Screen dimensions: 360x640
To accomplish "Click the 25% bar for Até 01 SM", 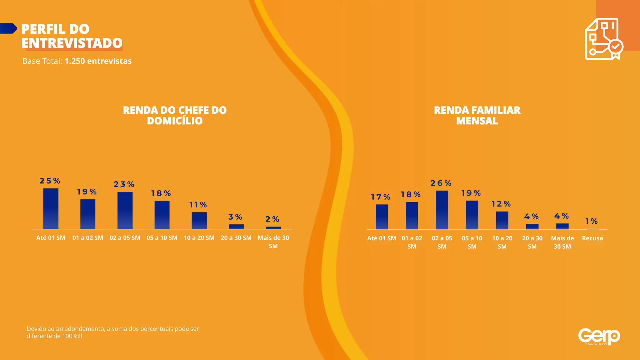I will click(x=51, y=208).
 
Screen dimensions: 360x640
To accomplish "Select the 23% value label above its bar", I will click(x=124, y=184).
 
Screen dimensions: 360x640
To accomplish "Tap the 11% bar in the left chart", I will click(x=199, y=221).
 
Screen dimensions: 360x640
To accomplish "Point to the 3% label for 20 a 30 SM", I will click(x=235, y=217).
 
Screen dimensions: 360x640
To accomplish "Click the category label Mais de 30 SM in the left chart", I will click(x=273, y=242).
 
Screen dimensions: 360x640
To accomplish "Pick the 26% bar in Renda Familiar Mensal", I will click(x=442, y=210).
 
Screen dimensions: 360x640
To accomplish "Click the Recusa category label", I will click(x=592, y=238).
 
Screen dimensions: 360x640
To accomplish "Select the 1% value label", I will click(x=591, y=221).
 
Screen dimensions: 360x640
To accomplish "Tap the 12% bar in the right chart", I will click(x=502, y=220).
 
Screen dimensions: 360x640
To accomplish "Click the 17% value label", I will click(x=381, y=197).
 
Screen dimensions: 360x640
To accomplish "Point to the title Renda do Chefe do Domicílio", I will click(x=175, y=115).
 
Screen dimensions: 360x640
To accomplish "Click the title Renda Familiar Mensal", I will click(x=477, y=115).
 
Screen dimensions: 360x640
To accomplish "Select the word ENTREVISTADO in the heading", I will click(x=72, y=43).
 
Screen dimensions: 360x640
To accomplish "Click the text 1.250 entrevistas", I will click(x=98, y=61).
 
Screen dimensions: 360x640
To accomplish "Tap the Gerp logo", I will click(x=599, y=337).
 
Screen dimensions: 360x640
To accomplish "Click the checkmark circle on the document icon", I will click(x=615, y=47).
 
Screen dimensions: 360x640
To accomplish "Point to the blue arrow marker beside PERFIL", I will click(x=8, y=28).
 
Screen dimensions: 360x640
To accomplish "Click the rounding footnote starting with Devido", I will click(x=112, y=332).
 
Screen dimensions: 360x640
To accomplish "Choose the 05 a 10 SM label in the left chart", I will click(x=162, y=238).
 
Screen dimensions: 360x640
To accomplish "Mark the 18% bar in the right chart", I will click(x=412, y=216).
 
